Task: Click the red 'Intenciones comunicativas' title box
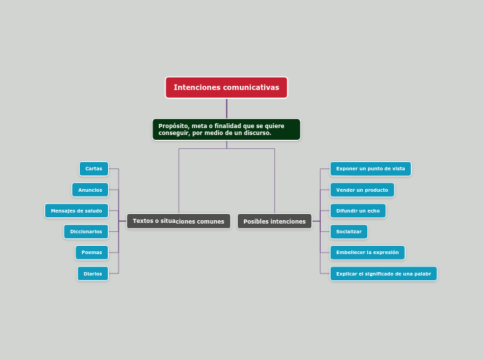(x=226, y=88)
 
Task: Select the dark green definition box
(x=226, y=129)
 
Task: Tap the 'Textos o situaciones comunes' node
(x=179, y=222)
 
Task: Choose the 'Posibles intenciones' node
(x=274, y=222)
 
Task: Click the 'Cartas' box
(x=94, y=169)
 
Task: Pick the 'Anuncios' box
(x=90, y=190)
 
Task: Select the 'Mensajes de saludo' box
(x=76, y=210)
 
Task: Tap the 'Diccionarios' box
(x=86, y=232)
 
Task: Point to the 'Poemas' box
(x=91, y=253)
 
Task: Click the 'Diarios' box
(x=93, y=274)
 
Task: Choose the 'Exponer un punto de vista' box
(x=370, y=169)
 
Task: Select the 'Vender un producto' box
(x=362, y=190)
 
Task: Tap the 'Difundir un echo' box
(x=358, y=210)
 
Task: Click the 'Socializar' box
(x=349, y=232)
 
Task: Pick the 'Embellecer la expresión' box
(x=367, y=253)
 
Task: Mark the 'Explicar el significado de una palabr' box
(x=383, y=274)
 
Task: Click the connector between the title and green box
(x=227, y=109)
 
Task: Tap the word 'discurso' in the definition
(x=255, y=133)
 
